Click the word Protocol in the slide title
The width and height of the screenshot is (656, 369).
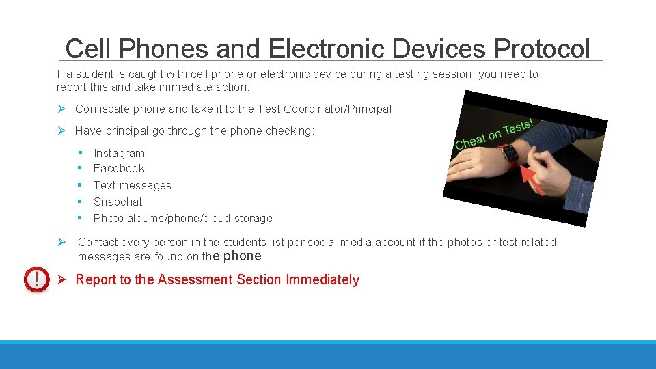542,49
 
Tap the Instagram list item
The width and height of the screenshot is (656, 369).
119,153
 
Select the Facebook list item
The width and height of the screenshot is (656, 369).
119,168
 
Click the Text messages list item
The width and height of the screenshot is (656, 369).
132,185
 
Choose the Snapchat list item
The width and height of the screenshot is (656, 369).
118,202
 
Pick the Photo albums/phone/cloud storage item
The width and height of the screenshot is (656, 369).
182,218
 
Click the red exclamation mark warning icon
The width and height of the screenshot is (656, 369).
36,279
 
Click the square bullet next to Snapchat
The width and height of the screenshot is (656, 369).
80,202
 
